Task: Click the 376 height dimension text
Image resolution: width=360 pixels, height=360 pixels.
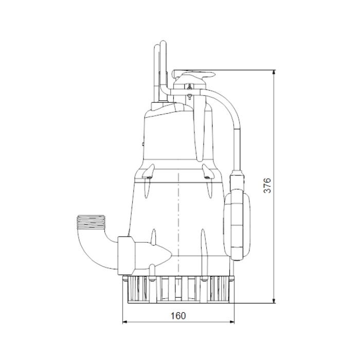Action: pyautogui.click(x=267, y=185)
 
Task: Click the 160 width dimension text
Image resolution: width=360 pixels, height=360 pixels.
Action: pyautogui.click(x=178, y=316)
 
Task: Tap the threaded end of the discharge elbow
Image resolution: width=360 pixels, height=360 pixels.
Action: pyautogui.click(x=91, y=221)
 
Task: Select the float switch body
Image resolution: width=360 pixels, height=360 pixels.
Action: pyautogui.click(x=237, y=226)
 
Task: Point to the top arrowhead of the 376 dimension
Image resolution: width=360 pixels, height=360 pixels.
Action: pyautogui.click(x=274, y=72)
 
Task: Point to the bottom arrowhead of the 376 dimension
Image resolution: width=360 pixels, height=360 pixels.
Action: pyautogui.click(x=274, y=300)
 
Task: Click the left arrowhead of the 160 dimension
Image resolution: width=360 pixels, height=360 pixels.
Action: pyautogui.click(x=125, y=322)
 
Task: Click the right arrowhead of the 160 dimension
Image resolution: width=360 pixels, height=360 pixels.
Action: pyautogui.click(x=232, y=322)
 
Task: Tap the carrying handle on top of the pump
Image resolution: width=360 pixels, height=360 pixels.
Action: pyautogui.click(x=193, y=75)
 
